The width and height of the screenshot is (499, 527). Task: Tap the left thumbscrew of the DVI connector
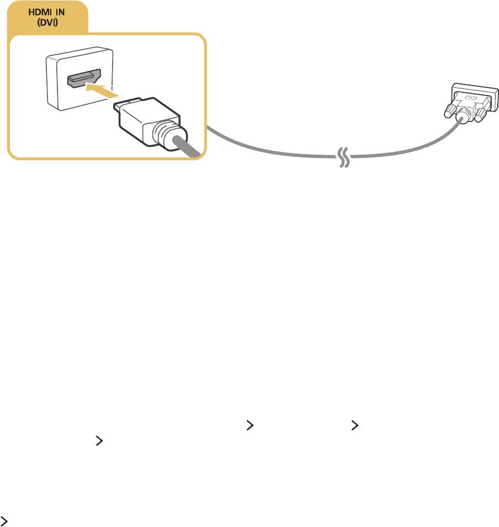click(x=450, y=110)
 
